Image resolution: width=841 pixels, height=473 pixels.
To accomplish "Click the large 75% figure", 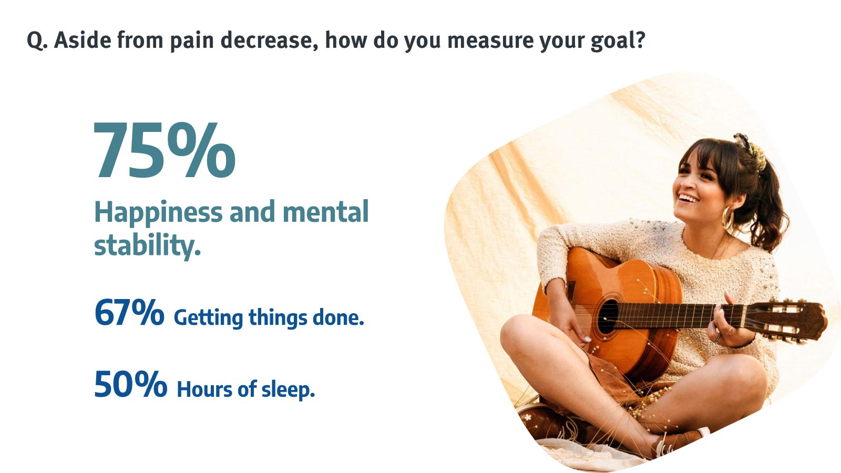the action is coord(165,150).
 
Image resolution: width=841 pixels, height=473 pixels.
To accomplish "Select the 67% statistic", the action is coord(129,312).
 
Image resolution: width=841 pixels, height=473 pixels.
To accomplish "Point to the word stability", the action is coord(147,246).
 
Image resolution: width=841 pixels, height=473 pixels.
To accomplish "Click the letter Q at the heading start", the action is coord(37,40).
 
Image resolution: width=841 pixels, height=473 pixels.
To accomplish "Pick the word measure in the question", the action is coord(490,40).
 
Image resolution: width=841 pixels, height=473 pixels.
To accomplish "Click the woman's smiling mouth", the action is coord(689,198).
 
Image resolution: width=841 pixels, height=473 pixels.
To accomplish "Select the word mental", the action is coord(325,212).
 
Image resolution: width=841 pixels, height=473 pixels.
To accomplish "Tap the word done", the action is coord(339,317).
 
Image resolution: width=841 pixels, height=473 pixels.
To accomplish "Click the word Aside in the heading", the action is coord(83,40).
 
